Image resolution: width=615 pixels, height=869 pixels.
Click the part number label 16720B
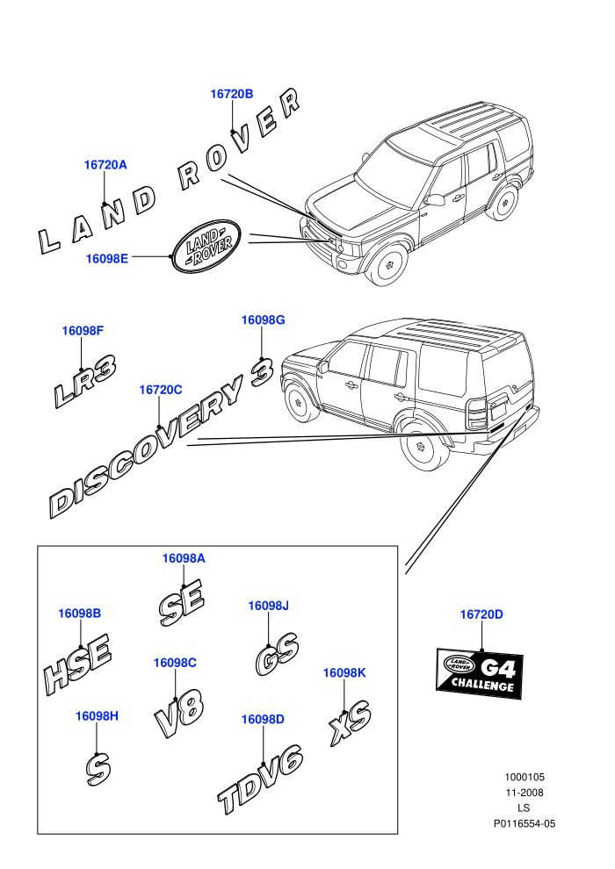(231, 94)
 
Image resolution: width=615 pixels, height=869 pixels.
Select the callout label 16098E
(106, 258)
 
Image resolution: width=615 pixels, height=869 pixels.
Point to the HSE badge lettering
(77, 664)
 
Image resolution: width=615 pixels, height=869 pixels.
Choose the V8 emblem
(178, 714)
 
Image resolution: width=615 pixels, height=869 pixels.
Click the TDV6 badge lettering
(260, 779)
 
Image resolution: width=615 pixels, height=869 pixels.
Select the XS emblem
(350, 722)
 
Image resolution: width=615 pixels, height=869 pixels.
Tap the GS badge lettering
(278, 654)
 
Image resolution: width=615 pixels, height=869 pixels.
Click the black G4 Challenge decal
(480, 672)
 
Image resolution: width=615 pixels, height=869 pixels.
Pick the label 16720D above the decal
(481, 614)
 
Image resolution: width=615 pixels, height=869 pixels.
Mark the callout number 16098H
(97, 716)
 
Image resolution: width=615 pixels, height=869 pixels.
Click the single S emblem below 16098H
(98, 770)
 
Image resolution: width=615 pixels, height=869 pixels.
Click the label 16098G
(263, 320)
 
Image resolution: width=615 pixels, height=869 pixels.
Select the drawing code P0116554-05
(524, 823)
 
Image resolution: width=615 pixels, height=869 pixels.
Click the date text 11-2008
(524, 793)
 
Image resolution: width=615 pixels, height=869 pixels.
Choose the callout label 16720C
(160, 390)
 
